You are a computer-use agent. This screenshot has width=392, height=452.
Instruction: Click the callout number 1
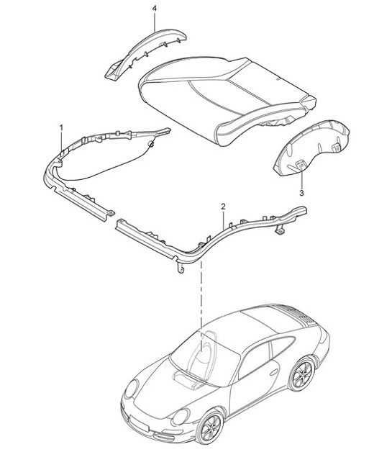click(61, 127)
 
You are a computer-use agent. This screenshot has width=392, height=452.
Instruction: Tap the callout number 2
click(223, 207)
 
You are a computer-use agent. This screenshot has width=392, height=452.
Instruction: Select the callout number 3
click(301, 194)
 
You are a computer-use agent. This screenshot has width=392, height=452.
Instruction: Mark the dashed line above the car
click(203, 288)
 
